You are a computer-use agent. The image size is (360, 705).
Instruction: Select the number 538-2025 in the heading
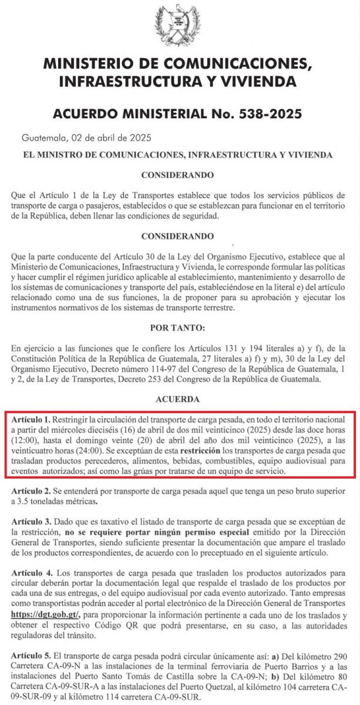285,113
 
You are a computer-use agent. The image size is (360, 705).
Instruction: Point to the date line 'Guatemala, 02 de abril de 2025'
86,139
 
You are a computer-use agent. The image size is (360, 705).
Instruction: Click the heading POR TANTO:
180,327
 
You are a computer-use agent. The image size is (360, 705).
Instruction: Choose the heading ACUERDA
180,399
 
